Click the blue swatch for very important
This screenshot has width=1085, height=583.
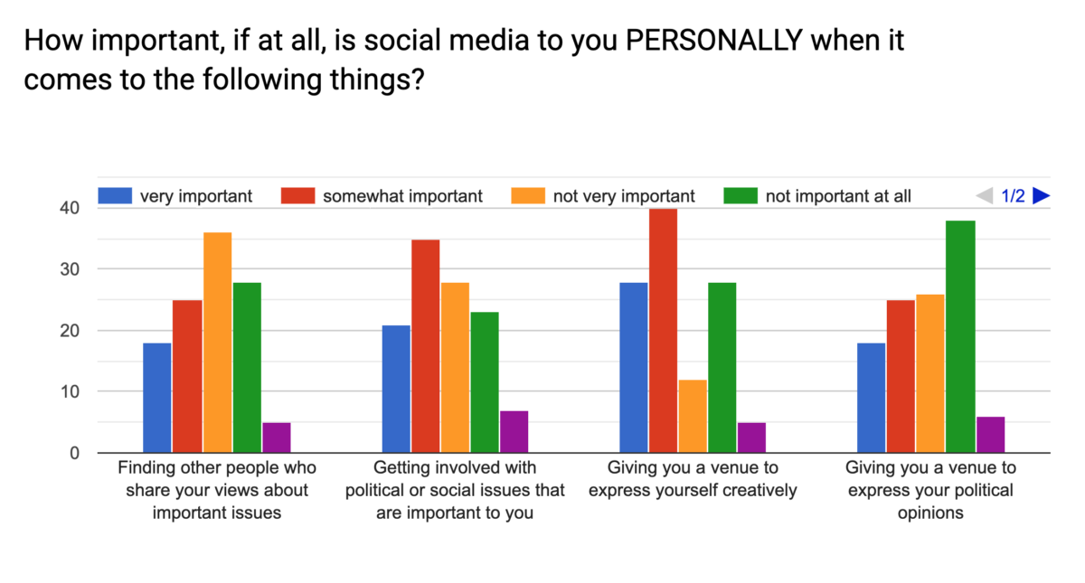pos(115,195)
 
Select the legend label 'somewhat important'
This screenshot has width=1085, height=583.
pos(402,196)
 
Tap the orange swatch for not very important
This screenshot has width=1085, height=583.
pos(528,195)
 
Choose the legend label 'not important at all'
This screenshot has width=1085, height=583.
pos(838,196)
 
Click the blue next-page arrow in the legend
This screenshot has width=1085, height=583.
pos(1041,195)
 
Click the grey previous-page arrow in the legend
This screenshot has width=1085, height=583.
pos(985,195)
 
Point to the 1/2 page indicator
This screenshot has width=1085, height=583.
pos(1013,196)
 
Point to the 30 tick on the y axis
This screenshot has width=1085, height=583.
pos(70,269)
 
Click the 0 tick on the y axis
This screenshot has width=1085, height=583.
pos(74,453)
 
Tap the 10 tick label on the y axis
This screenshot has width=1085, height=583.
pos(70,391)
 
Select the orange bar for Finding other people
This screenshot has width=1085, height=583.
pos(218,343)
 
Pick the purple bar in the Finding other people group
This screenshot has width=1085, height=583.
pos(277,437)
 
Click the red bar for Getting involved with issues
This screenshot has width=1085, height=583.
pos(425,346)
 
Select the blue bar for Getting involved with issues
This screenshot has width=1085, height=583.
pos(396,389)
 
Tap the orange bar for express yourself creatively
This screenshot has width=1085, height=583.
pos(693,417)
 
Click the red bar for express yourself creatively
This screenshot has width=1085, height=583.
pos(663,331)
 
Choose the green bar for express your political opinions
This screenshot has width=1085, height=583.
pos(960,336)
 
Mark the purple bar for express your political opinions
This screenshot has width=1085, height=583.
pos(991,435)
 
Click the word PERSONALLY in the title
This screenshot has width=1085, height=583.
pos(714,40)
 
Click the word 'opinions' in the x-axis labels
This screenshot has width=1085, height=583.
pos(930,513)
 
